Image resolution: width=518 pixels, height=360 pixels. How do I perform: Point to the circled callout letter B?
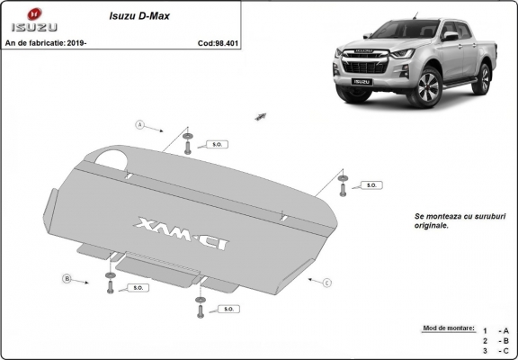(x=67, y=280)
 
